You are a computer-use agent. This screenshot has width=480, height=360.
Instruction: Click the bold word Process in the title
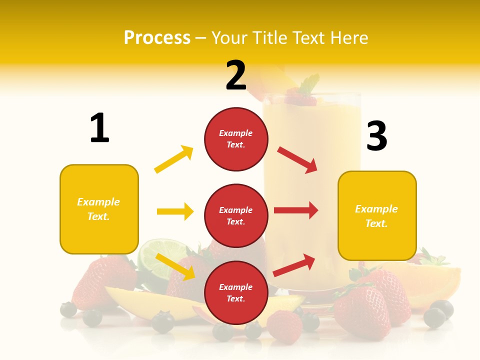[x=157, y=37]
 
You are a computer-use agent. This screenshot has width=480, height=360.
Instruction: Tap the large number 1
[x=99, y=128]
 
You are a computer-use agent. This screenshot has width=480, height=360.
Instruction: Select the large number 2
[x=236, y=75]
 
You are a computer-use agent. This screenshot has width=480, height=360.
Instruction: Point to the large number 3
[x=377, y=136]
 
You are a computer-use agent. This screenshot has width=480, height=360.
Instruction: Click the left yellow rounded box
[x=99, y=209]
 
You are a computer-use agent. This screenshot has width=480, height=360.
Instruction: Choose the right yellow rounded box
[x=377, y=216]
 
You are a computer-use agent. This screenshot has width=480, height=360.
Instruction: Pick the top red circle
[x=236, y=139]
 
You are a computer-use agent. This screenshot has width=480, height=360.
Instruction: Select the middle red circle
[x=236, y=215]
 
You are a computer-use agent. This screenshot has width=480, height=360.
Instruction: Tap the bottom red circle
[x=236, y=292]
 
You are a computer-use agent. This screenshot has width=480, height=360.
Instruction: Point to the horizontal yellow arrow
[x=175, y=211]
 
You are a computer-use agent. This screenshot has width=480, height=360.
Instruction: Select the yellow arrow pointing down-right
[x=175, y=266]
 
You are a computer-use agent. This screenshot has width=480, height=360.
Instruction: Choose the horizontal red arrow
[x=296, y=210]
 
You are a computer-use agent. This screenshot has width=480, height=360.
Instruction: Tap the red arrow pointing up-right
[x=294, y=265]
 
